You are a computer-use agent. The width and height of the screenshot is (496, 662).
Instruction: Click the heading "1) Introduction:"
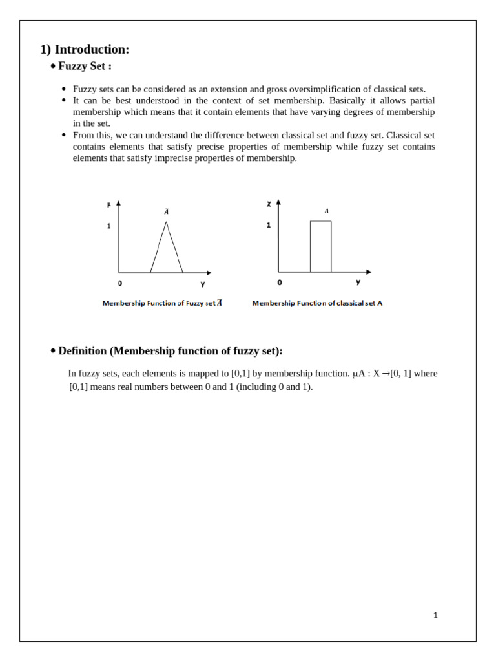(85, 50)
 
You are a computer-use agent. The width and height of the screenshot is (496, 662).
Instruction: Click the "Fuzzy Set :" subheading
(85, 67)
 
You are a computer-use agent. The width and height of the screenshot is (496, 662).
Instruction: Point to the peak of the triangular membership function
(167, 222)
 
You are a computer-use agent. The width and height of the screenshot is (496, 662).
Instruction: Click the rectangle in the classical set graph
(320, 246)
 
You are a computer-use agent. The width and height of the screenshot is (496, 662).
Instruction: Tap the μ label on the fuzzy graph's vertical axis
(109, 204)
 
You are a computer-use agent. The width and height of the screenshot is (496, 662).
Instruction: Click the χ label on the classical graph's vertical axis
(269, 204)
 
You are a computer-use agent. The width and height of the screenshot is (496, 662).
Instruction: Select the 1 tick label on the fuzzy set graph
(109, 226)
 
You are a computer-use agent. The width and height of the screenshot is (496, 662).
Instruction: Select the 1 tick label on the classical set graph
(269, 225)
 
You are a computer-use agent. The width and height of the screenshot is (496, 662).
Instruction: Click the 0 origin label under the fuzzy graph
(120, 283)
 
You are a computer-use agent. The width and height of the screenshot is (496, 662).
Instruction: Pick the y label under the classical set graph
(358, 282)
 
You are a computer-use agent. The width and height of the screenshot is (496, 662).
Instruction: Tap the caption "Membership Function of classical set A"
(317, 303)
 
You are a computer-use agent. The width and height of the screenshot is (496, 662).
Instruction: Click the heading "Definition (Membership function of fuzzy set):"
(170, 351)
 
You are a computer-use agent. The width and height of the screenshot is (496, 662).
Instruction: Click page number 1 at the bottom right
(435, 615)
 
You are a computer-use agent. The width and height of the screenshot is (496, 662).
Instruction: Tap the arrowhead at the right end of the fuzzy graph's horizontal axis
(208, 273)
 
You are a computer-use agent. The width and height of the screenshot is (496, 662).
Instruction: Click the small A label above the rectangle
(327, 211)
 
